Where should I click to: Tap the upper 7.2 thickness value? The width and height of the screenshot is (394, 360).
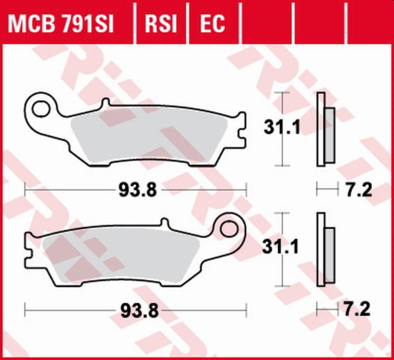click(x=356, y=190)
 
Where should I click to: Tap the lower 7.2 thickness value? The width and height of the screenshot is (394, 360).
click(x=356, y=311)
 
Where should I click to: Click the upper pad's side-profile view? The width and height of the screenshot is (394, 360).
click(x=325, y=129)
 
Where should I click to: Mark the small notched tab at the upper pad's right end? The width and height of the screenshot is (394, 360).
click(x=243, y=140)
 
